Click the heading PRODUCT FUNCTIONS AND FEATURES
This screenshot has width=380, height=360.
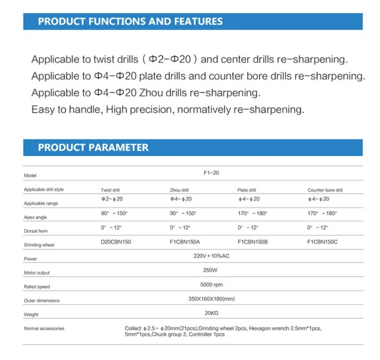pos(130,21)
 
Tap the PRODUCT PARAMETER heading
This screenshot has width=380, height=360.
pos(93,148)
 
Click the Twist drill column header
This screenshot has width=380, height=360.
pos(110,190)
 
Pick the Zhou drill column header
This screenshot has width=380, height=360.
pos(179,190)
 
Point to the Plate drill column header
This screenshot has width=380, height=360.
pos(247,190)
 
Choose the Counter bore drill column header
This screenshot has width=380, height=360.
pos(325,190)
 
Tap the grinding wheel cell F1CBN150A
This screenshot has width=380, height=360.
pos(185,242)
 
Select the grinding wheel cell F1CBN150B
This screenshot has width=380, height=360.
pos(253,242)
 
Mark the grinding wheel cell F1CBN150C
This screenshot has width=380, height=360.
pos(322,242)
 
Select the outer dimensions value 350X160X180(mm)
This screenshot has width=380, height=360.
pos(212,299)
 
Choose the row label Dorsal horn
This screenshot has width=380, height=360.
pos(36,231)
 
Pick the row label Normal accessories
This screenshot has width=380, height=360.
pos(44,329)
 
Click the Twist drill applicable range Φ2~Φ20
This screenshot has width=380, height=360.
pos(112,199)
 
